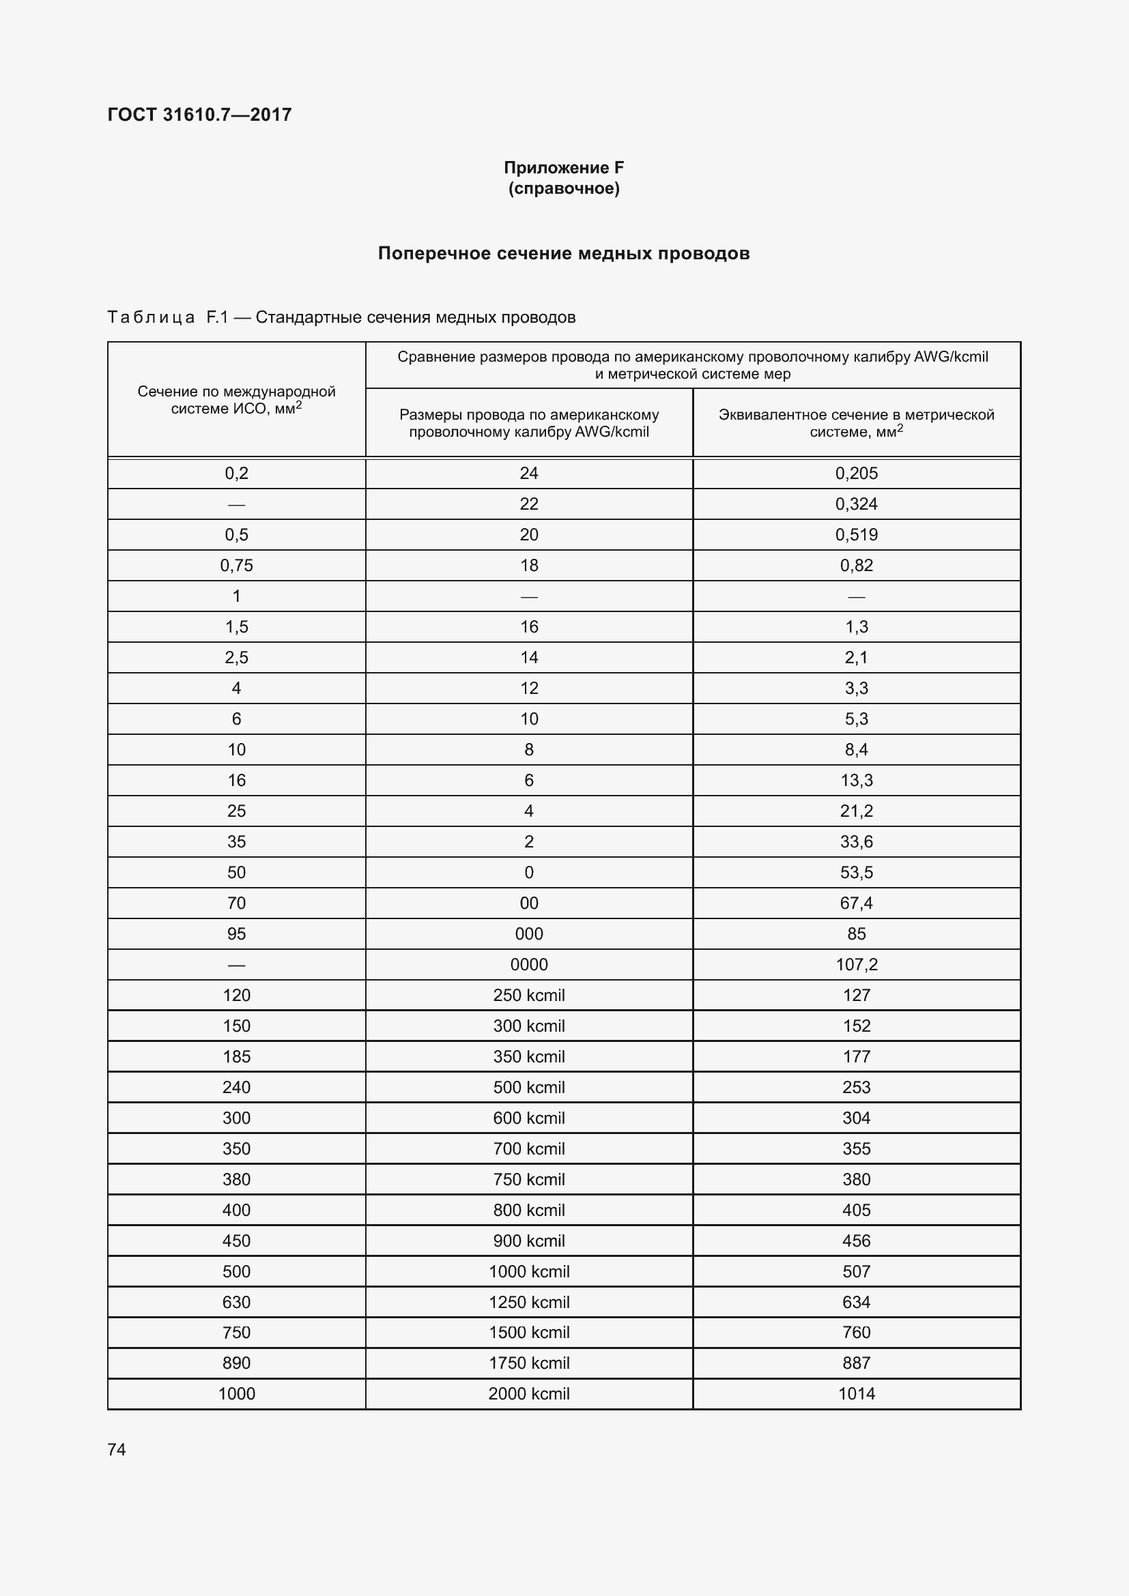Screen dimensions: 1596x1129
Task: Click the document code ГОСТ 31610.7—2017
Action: pos(199,115)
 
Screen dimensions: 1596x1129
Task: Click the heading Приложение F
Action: pos(563,168)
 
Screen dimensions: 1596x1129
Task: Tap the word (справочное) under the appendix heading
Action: pos(563,188)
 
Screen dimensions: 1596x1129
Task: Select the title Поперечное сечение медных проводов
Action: pos(563,253)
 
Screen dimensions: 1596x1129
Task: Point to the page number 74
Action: pos(117,1449)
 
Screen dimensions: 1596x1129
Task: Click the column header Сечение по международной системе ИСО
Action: pos(236,400)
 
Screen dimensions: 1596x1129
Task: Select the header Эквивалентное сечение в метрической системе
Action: pos(856,422)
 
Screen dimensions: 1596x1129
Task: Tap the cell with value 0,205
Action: pos(856,474)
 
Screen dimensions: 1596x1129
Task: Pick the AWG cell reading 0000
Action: pos(528,964)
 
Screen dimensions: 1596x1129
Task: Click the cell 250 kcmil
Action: pos(528,995)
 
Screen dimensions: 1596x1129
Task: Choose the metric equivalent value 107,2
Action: pos(856,964)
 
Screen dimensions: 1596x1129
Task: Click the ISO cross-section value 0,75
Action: pos(236,565)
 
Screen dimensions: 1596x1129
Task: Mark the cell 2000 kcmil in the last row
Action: pos(528,1394)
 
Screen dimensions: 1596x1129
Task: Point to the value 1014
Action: pos(856,1394)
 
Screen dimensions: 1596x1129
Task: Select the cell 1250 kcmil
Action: pos(528,1302)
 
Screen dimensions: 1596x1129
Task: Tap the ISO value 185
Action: pos(236,1056)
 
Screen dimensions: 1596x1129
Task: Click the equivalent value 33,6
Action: pos(856,842)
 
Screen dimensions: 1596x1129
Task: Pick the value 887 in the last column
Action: pos(856,1363)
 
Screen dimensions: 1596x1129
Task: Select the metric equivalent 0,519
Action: pos(856,534)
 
